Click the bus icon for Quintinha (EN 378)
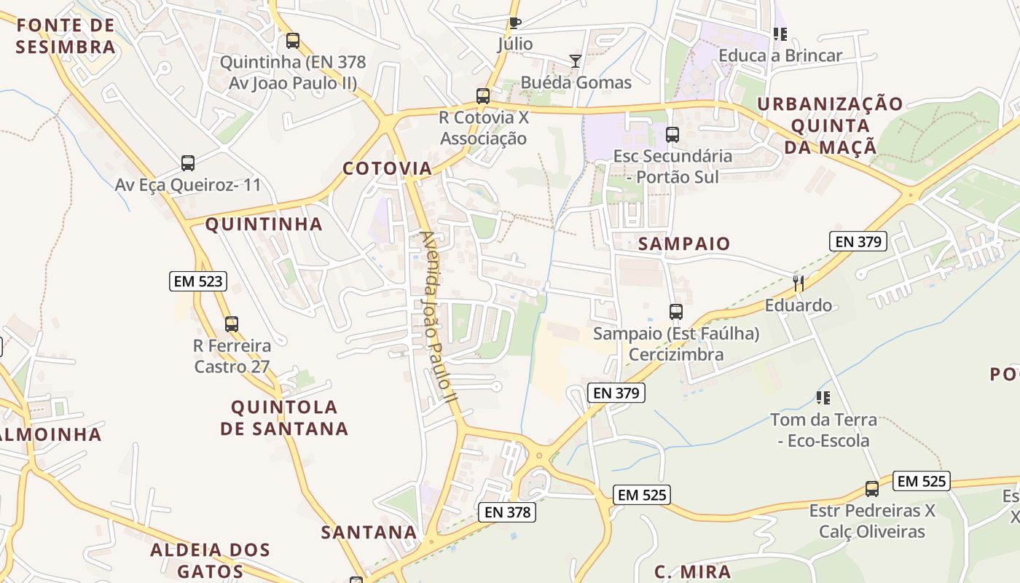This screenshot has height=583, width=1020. point(293,41)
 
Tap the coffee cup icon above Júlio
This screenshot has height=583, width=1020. point(515,23)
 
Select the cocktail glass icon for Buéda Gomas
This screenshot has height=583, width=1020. point(576,61)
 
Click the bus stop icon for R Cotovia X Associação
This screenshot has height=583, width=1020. point(482,95)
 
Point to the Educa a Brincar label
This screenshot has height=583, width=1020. point(780,55)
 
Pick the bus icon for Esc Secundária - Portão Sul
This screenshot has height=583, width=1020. point(672,134)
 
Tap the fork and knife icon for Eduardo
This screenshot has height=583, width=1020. point(799,283)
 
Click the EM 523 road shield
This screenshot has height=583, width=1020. point(198,281)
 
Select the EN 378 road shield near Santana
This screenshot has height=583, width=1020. point(509,512)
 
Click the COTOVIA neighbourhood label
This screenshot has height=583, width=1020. point(388,169)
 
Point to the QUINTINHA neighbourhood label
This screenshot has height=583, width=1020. point(264,224)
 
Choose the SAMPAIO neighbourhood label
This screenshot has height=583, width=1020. point(684,244)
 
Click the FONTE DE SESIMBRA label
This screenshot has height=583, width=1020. point(66,36)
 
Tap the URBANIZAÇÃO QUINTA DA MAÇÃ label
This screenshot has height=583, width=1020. point(830,125)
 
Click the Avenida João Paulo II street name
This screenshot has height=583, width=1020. point(439,317)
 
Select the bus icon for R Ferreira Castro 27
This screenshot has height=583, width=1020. point(232,324)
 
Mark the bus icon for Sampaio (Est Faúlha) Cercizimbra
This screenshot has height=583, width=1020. point(676,312)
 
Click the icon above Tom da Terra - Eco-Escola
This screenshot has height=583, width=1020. point(823,398)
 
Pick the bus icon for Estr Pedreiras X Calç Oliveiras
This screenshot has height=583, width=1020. point(872,489)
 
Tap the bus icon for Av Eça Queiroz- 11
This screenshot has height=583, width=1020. point(188,163)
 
